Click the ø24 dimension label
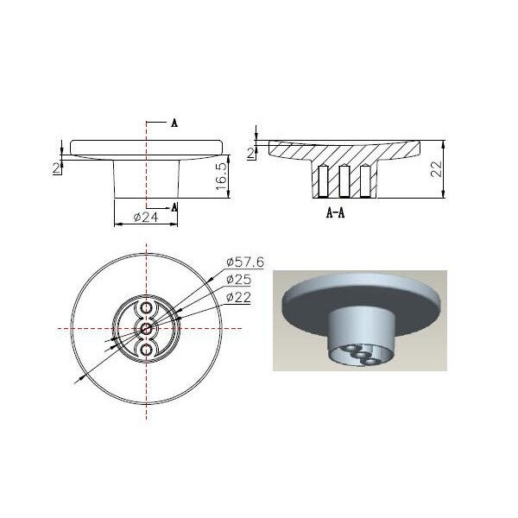(146, 217)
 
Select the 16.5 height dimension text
(221, 176)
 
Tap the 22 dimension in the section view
(436, 169)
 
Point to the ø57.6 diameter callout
(245, 262)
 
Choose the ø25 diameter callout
(238, 280)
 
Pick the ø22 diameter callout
(238, 297)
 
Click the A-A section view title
(335, 213)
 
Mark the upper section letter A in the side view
(174, 123)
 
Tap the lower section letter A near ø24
(174, 207)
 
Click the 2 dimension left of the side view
(57, 168)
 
